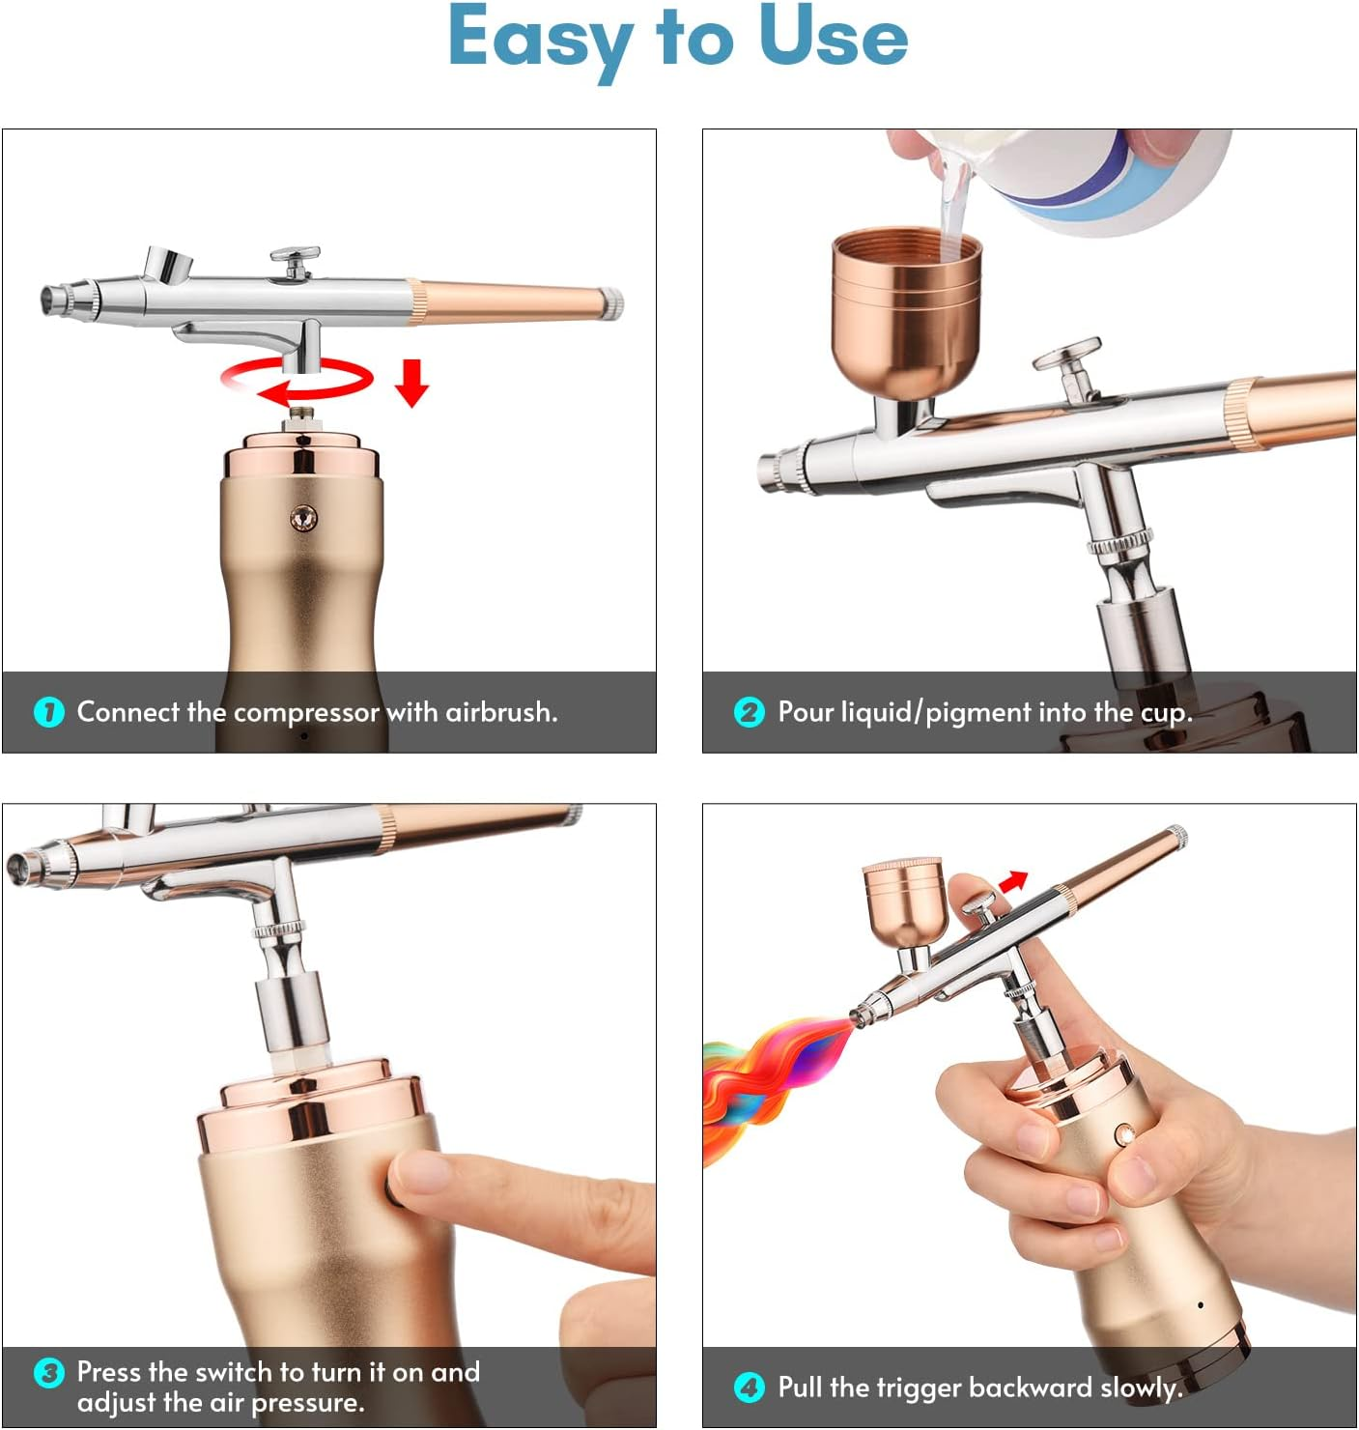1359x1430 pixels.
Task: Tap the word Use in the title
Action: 833,37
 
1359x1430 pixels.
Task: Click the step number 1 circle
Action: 48,712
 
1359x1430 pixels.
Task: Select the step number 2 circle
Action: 749,712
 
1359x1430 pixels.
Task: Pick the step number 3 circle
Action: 48,1373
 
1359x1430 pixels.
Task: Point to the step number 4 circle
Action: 749,1387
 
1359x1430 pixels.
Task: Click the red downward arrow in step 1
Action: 411,383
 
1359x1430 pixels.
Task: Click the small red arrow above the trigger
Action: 1013,880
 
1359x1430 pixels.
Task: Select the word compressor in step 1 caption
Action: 306,712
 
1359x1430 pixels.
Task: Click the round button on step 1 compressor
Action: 303,519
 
